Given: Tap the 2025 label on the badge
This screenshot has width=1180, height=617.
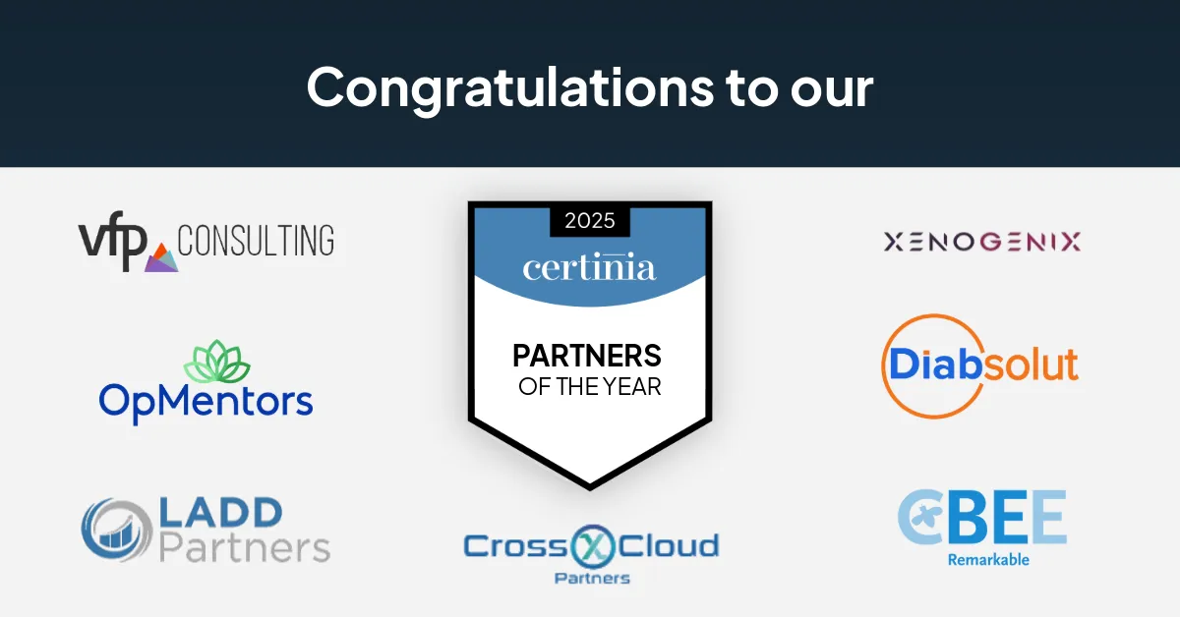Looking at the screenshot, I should click(590, 220).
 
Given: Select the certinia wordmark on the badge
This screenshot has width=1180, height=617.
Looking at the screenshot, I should click(589, 267).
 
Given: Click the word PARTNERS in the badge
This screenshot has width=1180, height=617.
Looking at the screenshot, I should click(589, 356).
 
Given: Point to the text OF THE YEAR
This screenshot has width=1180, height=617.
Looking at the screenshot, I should click(589, 386).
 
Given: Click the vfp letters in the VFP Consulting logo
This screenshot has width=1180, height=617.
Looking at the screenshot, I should click(112, 242).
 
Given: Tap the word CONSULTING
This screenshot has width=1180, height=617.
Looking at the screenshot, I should click(256, 240).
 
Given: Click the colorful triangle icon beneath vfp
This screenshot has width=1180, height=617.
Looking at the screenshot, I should click(161, 259).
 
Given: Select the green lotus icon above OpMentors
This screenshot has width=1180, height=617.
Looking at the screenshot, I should click(217, 363).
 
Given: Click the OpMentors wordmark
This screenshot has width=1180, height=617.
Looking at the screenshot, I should click(206, 401).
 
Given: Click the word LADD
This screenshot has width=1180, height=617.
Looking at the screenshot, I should click(220, 513).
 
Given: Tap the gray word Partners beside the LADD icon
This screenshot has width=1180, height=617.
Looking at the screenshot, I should click(244, 547).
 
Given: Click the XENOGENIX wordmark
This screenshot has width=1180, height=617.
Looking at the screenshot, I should click(982, 242).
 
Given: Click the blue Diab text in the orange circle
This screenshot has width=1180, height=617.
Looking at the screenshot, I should click(935, 365).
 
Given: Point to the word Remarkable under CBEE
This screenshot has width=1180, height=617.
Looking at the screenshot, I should click(988, 560).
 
